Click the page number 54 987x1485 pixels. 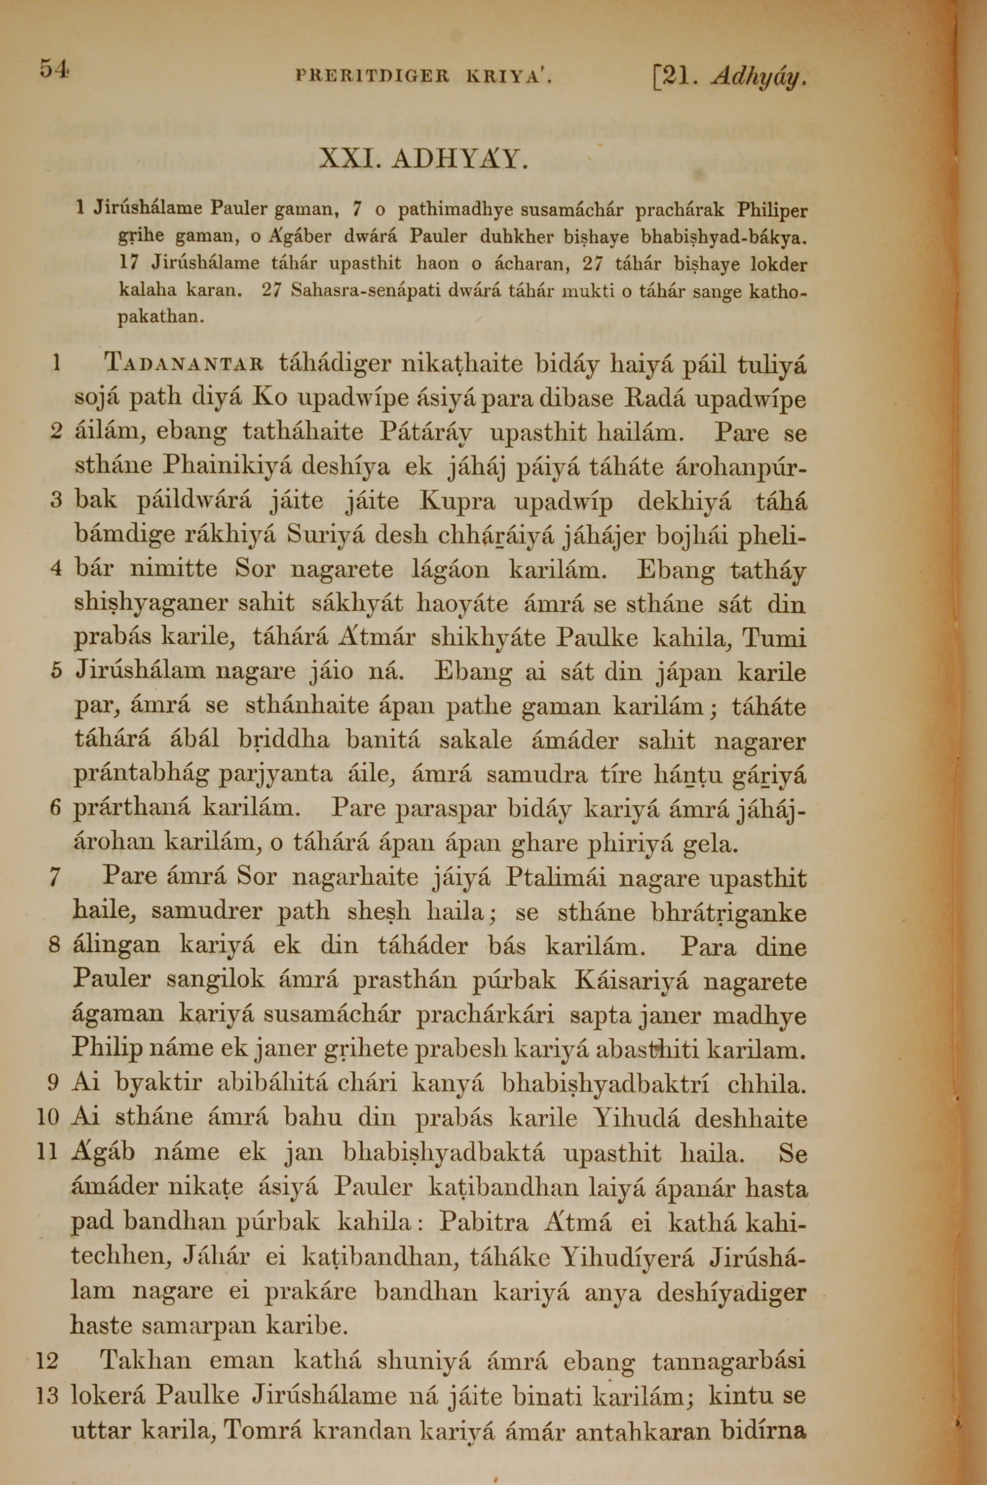(53, 69)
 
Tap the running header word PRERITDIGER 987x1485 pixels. (372, 78)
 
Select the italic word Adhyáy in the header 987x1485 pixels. (759, 78)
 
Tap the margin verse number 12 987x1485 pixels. (47, 1361)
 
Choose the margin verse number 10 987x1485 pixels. (48, 1119)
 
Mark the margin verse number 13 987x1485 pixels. (47, 1395)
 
